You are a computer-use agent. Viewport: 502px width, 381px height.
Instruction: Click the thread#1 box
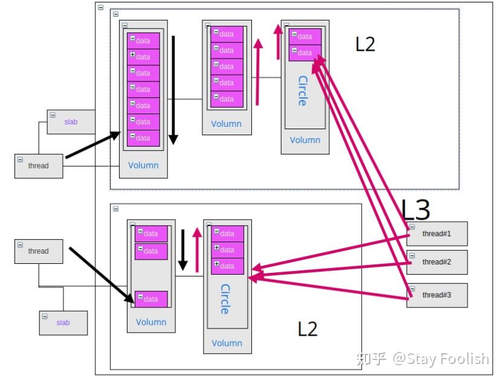tap(437, 234)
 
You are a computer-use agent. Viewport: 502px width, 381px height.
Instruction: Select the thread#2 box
tap(437, 262)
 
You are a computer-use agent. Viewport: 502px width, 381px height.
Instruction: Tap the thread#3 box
tap(437, 295)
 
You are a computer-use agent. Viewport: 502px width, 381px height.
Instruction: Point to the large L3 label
tap(416, 210)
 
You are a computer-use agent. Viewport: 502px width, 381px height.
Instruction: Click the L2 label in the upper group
tap(365, 44)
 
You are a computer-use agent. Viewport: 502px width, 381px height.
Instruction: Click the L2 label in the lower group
tap(307, 329)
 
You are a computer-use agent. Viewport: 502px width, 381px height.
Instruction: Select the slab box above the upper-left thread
tap(71, 122)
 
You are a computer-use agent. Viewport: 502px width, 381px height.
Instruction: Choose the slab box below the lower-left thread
tap(63, 323)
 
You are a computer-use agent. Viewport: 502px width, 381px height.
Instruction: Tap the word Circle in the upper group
tap(303, 91)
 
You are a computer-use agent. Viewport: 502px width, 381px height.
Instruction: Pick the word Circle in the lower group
tap(225, 299)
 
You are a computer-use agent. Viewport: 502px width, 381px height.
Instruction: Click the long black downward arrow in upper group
tap(173, 90)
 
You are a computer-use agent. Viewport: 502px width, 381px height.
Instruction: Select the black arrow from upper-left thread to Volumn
tap(93, 144)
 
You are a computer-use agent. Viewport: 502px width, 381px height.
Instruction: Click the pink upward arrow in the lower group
tap(197, 250)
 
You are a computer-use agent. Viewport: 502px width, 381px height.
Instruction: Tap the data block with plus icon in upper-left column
tap(143, 57)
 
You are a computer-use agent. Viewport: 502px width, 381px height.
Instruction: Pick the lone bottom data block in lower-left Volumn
tap(151, 299)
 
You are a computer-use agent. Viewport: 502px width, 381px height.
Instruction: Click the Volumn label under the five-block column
tap(227, 124)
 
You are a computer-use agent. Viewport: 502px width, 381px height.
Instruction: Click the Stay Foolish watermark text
tap(441, 359)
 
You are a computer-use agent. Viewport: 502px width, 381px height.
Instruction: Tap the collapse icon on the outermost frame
tap(100, 7)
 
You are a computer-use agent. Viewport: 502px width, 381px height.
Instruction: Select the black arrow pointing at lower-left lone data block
tap(102, 275)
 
